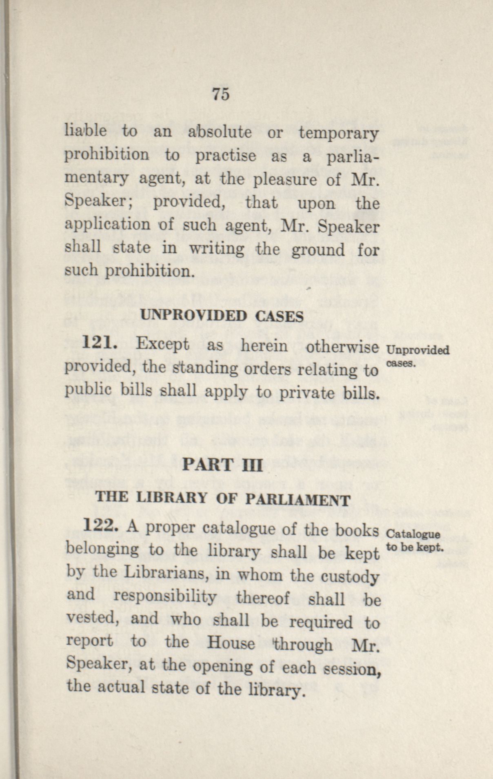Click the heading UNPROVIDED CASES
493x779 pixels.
(x=222, y=316)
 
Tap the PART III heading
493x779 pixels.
(x=222, y=465)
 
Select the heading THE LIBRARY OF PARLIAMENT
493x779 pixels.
(x=222, y=499)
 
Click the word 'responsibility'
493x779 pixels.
(x=164, y=597)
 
